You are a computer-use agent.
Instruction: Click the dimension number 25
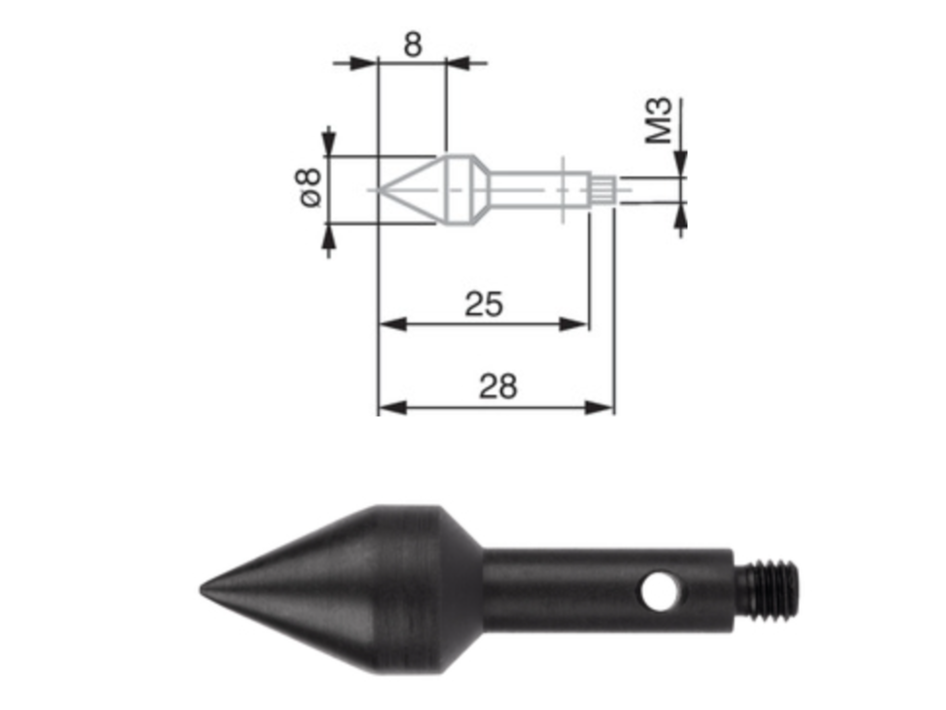pyautogui.click(x=484, y=305)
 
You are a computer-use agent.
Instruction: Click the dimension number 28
pyautogui.click(x=498, y=387)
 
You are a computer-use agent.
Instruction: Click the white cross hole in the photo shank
pyautogui.click(x=659, y=592)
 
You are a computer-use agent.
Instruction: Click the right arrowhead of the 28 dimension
pyautogui.click(x=599, y=408)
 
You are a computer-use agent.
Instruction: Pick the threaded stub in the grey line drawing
pyautogui.click(x=603, y=190)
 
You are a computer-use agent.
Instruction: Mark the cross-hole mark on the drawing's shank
pyautogui.click(x=563, y=190)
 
